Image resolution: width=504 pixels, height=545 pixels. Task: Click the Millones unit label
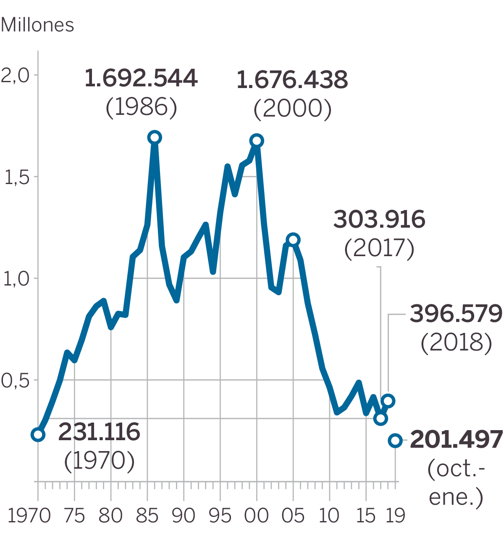[x=37, y=25]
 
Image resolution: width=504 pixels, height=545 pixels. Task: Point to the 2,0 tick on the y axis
[x=15, y=76]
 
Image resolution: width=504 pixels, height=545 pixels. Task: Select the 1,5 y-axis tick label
[x=17, y=177]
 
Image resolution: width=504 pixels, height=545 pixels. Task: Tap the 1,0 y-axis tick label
[x=17, y=279]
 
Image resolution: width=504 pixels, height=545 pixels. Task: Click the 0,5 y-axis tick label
[x=15, y=381]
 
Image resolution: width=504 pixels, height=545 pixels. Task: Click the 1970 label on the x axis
[x=29, y=516]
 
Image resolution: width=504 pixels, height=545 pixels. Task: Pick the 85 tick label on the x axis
[x=147, y=516]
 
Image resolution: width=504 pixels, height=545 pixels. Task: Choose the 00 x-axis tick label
[x=257, y=516]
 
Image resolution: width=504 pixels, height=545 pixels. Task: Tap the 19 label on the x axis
[x=395, y=516]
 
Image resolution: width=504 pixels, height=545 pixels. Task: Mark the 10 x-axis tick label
[x=329, y=516]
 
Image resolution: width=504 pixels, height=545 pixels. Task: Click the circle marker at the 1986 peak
[x=155, y=138]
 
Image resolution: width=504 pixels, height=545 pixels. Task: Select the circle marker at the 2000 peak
[x=257, y=141]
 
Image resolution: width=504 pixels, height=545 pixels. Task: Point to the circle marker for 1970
[x=38, y=435]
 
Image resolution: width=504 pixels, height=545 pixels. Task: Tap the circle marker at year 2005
[x=293, y=240]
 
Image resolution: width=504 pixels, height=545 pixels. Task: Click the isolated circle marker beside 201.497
[x=395, y=441]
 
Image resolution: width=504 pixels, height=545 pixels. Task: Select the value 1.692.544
[x=141, y=78]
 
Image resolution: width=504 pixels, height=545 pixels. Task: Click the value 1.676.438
[x=292, y=80]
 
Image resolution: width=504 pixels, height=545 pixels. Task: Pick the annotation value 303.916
[x=379, y=220]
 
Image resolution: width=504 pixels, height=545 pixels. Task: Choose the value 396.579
[x=456, y=314]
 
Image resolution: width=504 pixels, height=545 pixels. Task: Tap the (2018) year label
[x=456, y=343]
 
